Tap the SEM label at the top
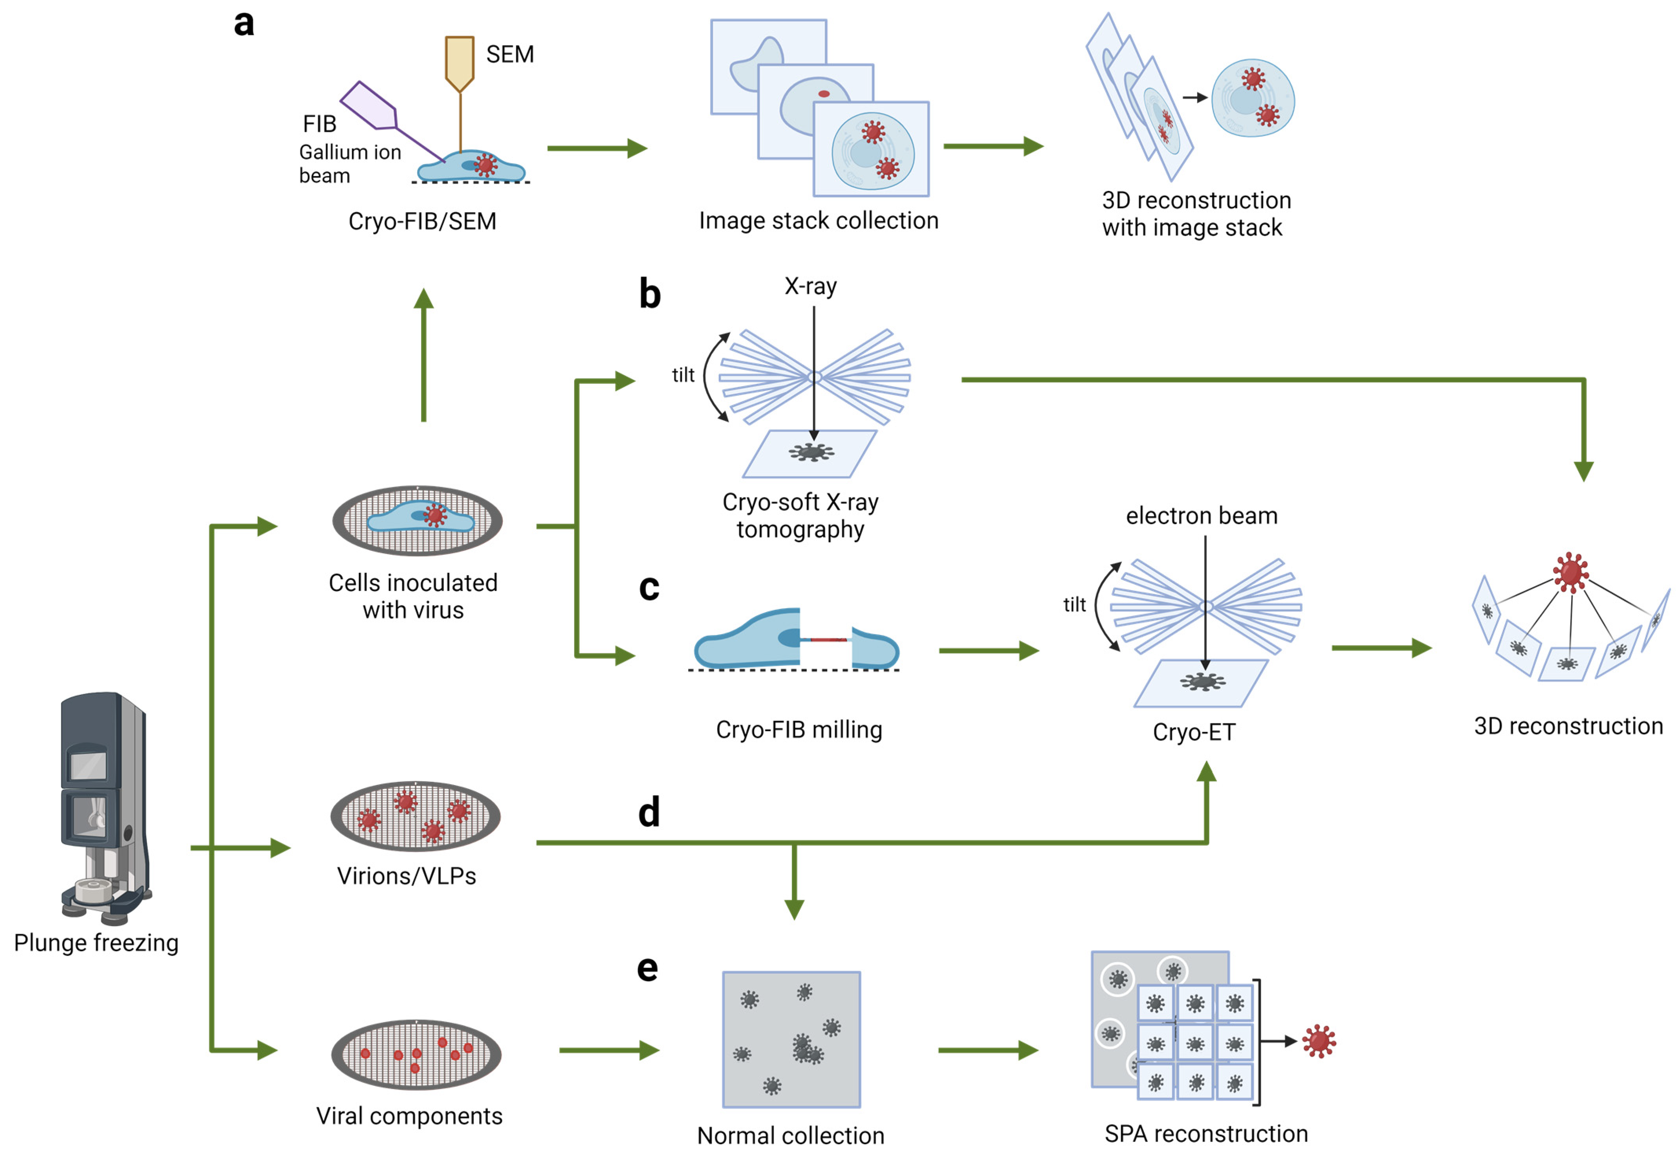point(509,54)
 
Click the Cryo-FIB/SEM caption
point(422,221)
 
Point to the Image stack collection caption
point(818,220)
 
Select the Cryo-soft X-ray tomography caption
point(800,516)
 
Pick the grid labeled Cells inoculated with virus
point(417,521)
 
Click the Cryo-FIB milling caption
point(799,730)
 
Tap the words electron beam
point(1201,516)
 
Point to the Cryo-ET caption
point(1194,732)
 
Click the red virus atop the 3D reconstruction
point(1570,572)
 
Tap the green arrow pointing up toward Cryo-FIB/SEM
point(423,354)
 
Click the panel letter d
point(649,812)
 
